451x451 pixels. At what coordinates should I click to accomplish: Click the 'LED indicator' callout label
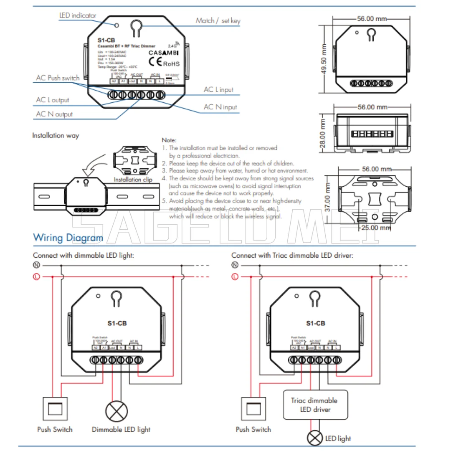pos(78,15)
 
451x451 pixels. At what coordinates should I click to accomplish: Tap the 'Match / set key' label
pos(218,20)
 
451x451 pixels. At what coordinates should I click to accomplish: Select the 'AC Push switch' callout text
pos(58,78)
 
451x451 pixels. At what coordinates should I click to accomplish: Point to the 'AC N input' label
pos(220,107)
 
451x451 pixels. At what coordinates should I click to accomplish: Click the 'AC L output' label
pos(53,100)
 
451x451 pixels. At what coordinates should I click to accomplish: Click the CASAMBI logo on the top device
pos(164,53)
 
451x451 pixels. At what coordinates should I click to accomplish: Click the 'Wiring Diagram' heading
pos(68,238)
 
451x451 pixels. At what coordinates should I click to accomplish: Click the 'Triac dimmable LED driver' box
pos(315,405)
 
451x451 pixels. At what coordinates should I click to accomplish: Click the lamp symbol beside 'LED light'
pos(315,438)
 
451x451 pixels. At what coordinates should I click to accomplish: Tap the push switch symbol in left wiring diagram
pos(55,408)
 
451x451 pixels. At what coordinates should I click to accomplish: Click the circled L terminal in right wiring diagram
pos(235,276)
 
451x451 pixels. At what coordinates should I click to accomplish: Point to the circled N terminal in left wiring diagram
pos(36,266)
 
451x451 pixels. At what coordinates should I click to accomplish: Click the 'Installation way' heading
pos(56,135)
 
